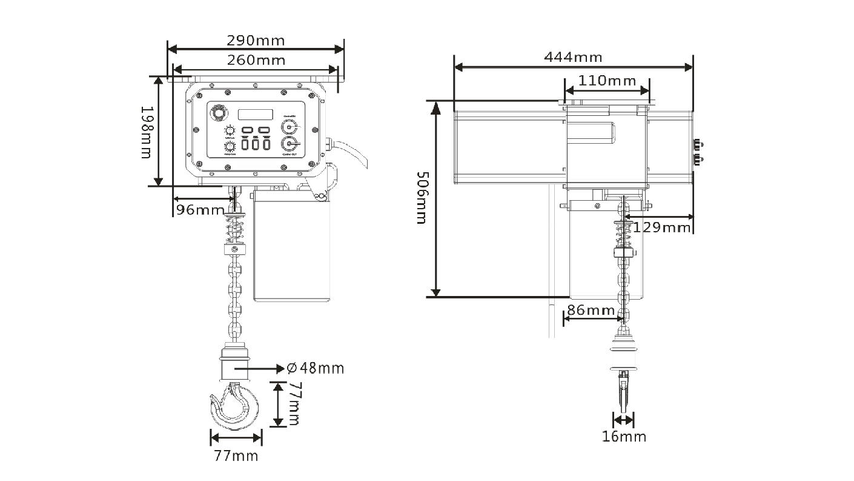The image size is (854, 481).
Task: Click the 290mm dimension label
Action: (255, 41)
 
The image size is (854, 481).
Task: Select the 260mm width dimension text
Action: (256, 59)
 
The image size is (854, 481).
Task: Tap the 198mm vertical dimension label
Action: (146, 132)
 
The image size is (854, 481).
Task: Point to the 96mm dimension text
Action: (199, 210)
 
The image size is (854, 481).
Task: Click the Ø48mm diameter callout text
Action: (315, 368)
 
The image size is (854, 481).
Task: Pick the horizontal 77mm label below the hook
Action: (236, 456)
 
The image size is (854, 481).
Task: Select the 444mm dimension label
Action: (573, 57)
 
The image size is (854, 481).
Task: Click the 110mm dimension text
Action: (607, 80)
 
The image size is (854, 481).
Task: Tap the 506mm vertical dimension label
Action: (422, 198)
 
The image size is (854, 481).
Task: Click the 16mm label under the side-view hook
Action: (624, 436)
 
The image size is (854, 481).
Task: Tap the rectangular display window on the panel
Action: (255, 114)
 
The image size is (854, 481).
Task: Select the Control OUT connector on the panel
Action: (289, 144)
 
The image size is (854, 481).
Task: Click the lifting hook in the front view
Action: (235, 403)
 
